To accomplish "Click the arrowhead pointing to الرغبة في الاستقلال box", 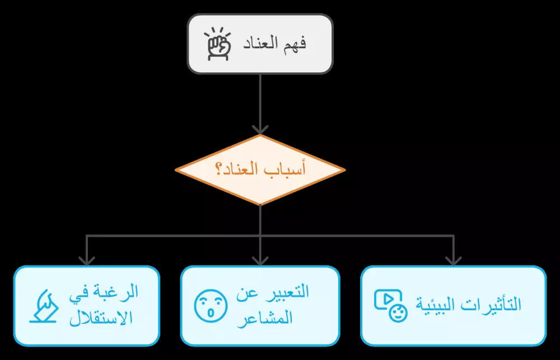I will tap(86, 260).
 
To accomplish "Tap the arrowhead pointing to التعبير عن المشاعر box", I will tap(260, 260).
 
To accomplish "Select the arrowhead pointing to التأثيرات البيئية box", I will tap(453, 260).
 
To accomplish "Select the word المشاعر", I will tap(271, 319).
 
